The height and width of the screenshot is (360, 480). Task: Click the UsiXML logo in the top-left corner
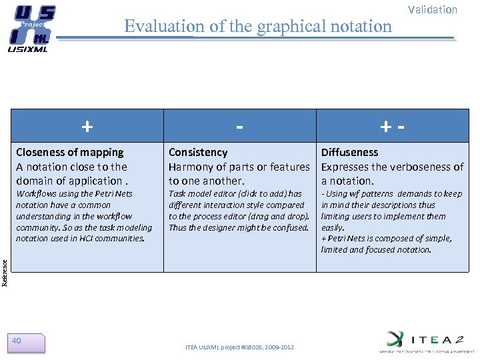click(x=31, y=27)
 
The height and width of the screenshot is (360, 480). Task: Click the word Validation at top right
click(x=433, y=9)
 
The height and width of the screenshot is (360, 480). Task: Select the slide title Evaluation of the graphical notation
click(x=258, y=26)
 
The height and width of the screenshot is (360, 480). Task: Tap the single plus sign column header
click(x=87, y=125)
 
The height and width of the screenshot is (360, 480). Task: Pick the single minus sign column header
click(x=239, y=125)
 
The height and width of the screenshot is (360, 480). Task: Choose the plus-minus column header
click(x=392, y=125)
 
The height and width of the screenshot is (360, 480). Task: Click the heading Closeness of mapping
click(x=70, y=152)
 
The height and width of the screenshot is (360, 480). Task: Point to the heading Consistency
click(x=198, y=152)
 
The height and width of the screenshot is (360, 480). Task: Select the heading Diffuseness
click(x=349, y=152)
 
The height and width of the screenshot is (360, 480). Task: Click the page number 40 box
click(x=27, y=343)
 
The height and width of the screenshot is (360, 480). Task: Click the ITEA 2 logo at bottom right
click(x=423, y=341)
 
